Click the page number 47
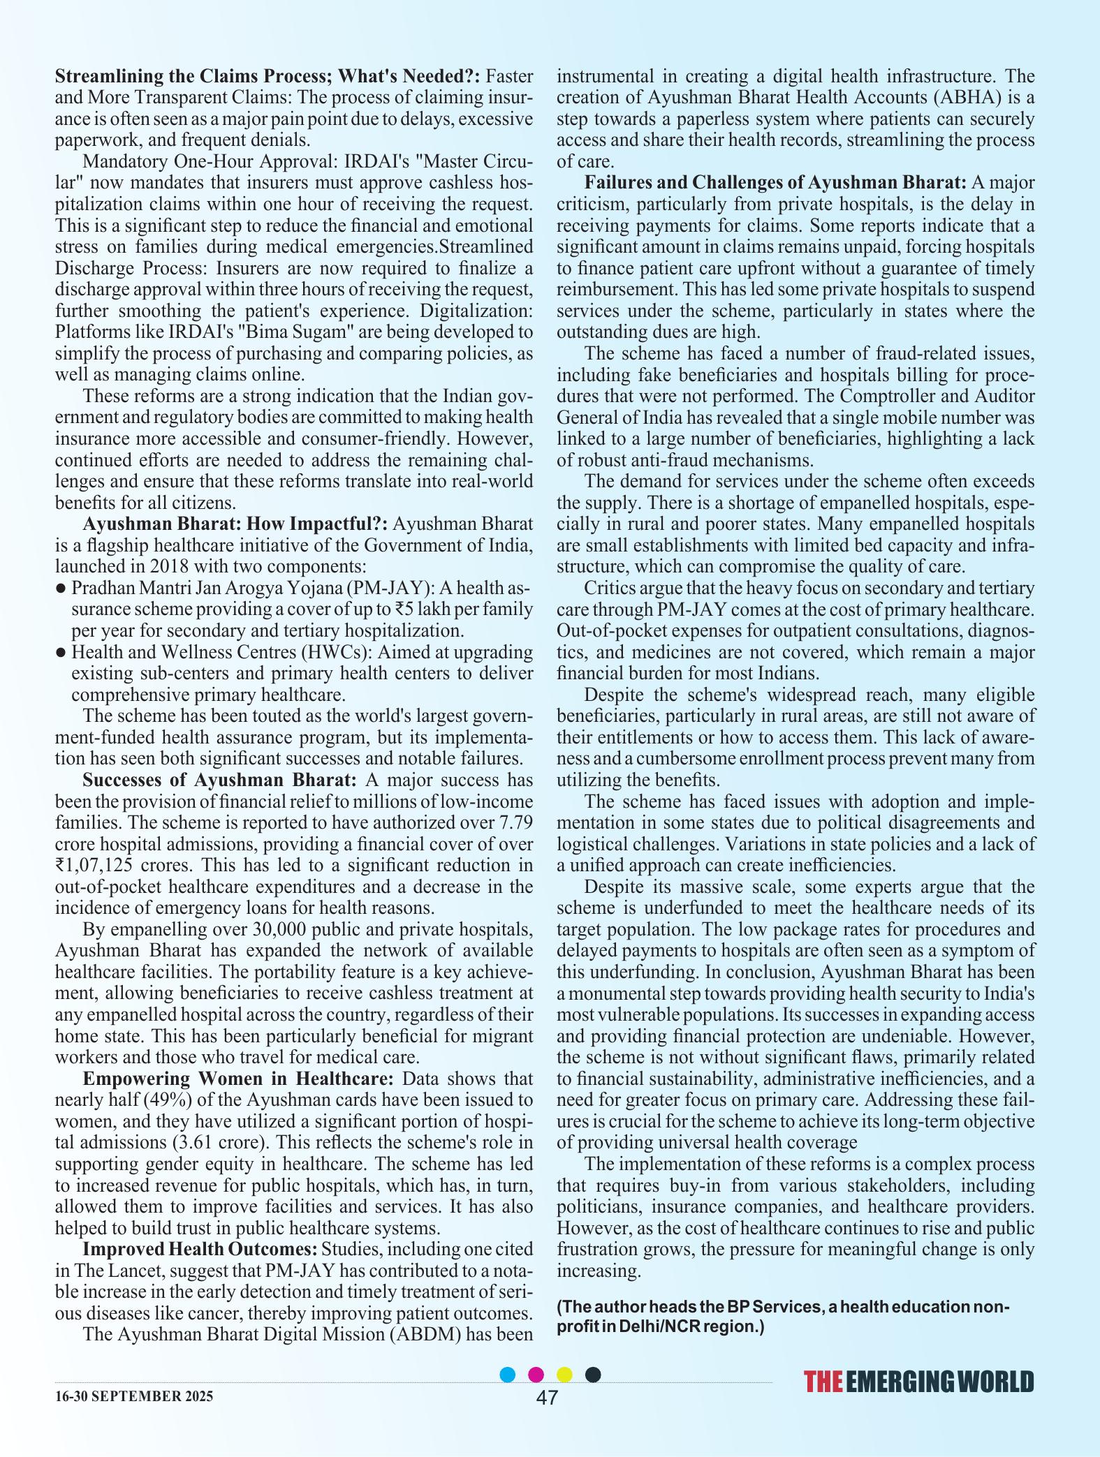click(x=547, y=1397)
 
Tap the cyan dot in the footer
click(x=508, y=1375)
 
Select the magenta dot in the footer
click(x=536, y=1375)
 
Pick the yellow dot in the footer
click(x=564, y=1375)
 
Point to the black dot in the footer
click(x=592, y=1375)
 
